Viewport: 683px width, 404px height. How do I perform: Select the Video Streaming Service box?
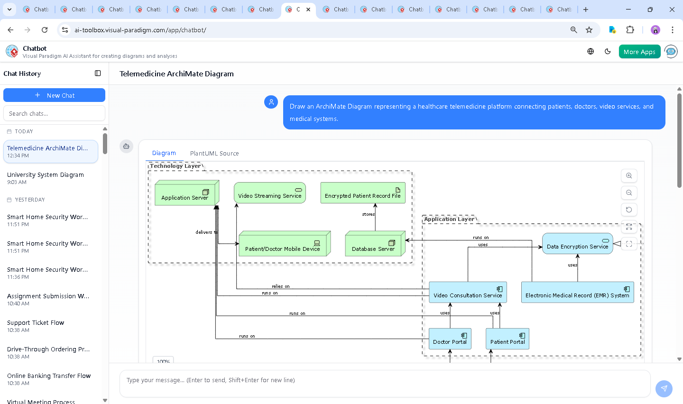coord(269,193)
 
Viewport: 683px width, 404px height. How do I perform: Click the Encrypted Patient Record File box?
coord(363,193)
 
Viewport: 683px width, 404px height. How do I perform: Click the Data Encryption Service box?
coord(577,244)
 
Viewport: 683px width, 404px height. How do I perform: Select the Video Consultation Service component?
coord(468,293)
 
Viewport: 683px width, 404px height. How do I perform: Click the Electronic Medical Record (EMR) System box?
coord(577,293)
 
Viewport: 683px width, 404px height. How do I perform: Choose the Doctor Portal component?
coord(450,339)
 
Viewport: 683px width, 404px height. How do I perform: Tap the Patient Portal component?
coord(508,339)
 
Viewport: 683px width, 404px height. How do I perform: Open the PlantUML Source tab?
coord(214,154)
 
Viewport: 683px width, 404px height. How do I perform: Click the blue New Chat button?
coord(54,95)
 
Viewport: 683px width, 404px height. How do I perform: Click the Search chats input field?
coord(54,114)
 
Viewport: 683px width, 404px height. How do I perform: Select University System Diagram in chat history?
coord(46,175)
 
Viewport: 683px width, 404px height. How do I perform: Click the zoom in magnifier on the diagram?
coord(629,176)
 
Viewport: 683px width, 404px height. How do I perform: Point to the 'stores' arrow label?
coord(369,214)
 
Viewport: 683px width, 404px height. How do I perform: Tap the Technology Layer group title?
coord(175,166)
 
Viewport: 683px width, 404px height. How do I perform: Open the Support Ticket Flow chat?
coord(36,323)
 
